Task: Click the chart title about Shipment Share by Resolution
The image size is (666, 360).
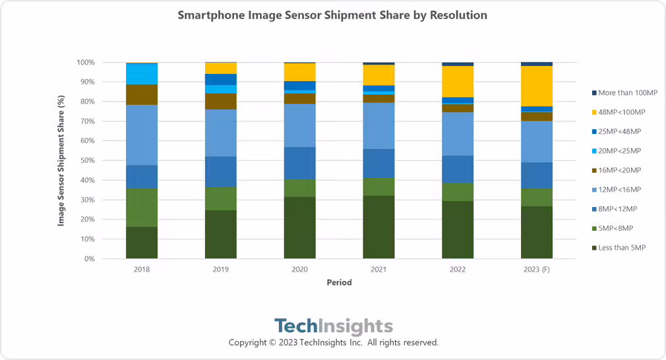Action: pos(332,15)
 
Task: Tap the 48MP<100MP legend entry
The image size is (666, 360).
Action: pos(623,112)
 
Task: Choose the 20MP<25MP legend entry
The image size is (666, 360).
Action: pos(622,151)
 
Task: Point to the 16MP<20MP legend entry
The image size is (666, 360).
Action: pos(622,170)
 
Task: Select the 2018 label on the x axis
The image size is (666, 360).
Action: pos(142,270)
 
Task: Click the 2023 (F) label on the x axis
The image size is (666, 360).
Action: pos(536,270)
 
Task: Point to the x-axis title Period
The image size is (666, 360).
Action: pos(339,282)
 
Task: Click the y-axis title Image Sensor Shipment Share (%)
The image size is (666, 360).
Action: pos(61,160)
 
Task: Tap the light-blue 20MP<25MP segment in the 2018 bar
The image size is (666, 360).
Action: pos(142,74)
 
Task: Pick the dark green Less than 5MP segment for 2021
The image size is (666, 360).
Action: pos(378,227)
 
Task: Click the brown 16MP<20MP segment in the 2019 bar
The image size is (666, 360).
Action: pos(221,101)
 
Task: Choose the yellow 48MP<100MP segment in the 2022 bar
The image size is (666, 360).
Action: pos(458,81)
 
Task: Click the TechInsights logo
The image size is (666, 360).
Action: pos(333,326)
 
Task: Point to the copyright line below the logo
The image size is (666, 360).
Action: pos(333,343)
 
